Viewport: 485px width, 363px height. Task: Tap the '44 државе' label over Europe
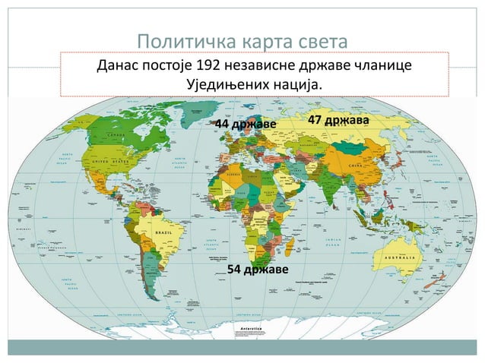tap(246, 124)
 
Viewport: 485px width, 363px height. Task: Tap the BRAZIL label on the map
tap(163, 231)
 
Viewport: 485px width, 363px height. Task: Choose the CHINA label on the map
tap(355, 165)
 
